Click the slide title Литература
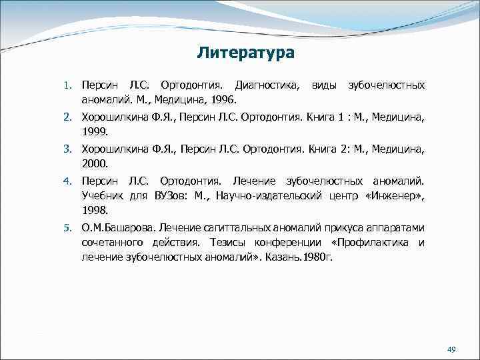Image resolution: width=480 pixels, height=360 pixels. (x=246, y=52)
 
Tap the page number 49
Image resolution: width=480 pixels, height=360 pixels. (x=451, y=350)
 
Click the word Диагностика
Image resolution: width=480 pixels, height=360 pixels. (x=263, y=86)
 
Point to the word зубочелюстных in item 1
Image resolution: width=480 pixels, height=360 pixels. (x=386, y=86)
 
